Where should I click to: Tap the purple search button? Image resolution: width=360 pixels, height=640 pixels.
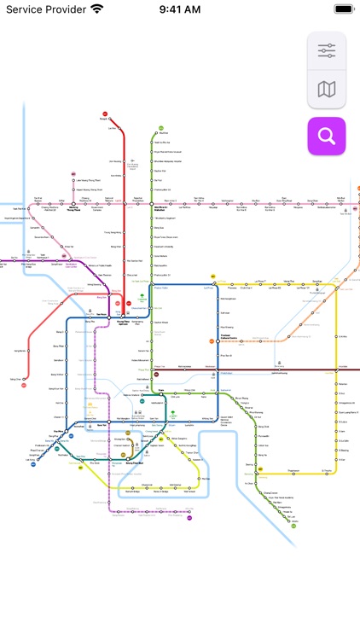327,136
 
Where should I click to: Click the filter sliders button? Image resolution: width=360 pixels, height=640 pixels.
327,51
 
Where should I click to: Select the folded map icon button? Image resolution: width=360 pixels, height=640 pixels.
327,89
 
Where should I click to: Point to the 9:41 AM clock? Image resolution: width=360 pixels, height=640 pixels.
179,9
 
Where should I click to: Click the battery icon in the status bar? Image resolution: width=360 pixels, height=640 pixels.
343,9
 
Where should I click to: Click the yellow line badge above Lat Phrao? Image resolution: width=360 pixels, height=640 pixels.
212,277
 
